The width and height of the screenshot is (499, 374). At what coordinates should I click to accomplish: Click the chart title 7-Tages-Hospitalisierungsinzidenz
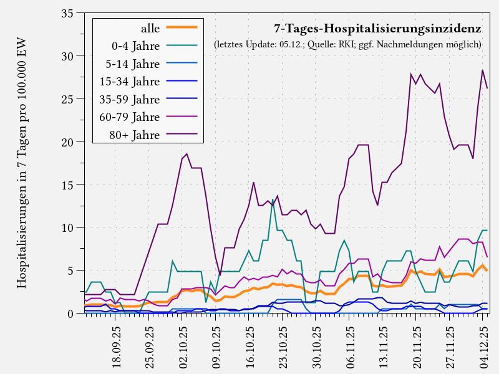tap(377, 29)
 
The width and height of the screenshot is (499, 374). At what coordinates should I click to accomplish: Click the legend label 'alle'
tap(150, 28)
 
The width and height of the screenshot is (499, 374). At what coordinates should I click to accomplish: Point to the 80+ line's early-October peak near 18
tap(187, 154)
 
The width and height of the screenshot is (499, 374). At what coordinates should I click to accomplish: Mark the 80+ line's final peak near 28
tap(483, 70)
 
